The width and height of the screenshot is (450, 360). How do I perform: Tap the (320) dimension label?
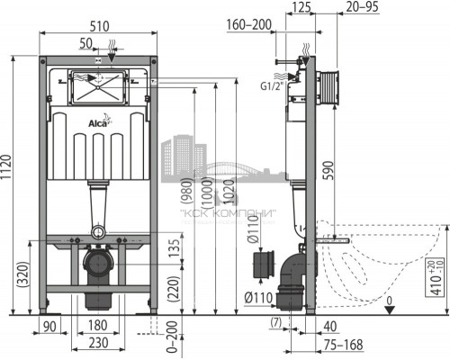pyautogui.click(x=19, y=274)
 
